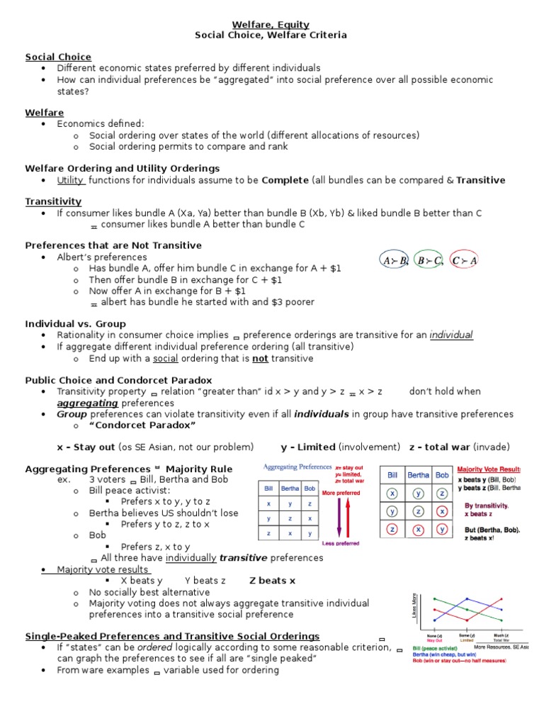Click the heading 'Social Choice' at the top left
click(58, 57)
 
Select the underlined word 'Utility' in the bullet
click(70, 180)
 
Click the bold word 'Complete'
click(285, 180)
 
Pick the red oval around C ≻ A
click(464, 261)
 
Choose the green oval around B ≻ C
click(429, 261)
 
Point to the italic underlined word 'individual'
click(451, 335)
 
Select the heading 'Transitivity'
click(53, 201)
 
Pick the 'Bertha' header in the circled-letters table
click(418, 474)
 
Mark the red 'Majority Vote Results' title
click(489, 469)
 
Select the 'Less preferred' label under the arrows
click(340, 544)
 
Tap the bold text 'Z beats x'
click(273, 581)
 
